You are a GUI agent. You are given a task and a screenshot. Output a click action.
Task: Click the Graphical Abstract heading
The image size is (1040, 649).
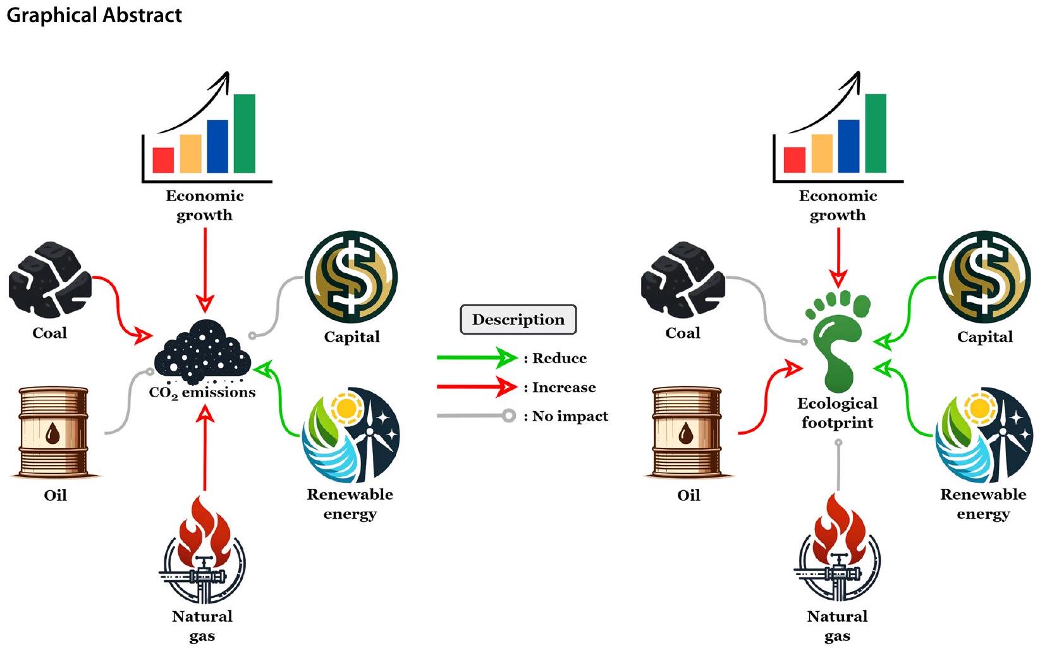click(x=94, y=15)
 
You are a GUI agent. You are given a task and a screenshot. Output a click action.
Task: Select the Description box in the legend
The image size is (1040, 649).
click(x=518, y=319)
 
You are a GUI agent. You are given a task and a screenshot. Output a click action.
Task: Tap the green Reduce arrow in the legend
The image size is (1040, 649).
click(x=477, y=358)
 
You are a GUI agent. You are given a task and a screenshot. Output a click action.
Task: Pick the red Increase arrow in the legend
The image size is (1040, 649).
click(x=477, y=386)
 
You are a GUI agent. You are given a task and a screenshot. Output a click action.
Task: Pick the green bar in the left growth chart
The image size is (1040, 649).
click(x=245, y=133)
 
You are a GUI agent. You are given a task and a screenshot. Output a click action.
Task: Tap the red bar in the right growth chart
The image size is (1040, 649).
click(x=795, y=160)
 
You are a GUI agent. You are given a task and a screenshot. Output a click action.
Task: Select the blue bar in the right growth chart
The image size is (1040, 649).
click(x=849, y=146)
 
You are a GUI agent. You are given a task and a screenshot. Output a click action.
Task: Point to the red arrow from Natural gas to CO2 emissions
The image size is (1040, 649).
click(x=205, y=449)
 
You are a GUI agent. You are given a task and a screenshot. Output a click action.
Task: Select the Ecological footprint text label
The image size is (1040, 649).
click(x=837, y=412)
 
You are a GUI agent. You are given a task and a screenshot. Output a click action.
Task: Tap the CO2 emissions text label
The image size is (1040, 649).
click(x=202, y=393)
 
